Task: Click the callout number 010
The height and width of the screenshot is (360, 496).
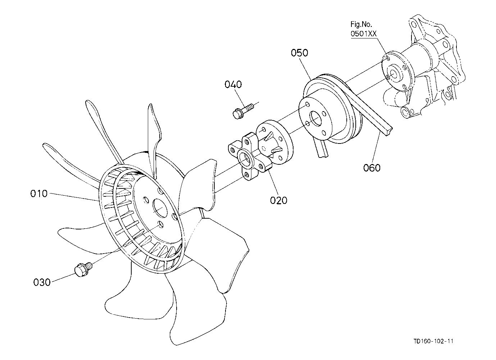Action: click(39, 194)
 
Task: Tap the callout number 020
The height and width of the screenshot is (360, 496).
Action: click(278, 200)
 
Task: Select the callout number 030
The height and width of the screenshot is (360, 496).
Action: click(42, 282)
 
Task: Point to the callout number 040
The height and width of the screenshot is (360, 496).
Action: click(233, 85)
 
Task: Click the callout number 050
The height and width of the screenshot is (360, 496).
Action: click(299, 53)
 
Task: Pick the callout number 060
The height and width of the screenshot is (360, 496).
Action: click(372, 168)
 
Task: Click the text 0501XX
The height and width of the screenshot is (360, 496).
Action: click(364, 34)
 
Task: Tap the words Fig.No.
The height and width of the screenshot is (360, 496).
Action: click(361, 24)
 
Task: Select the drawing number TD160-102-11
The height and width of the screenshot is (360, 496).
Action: click(433, 341)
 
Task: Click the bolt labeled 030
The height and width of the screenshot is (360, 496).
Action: click(83, 269)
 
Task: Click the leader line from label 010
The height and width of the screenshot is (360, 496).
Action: click(73, 197)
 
